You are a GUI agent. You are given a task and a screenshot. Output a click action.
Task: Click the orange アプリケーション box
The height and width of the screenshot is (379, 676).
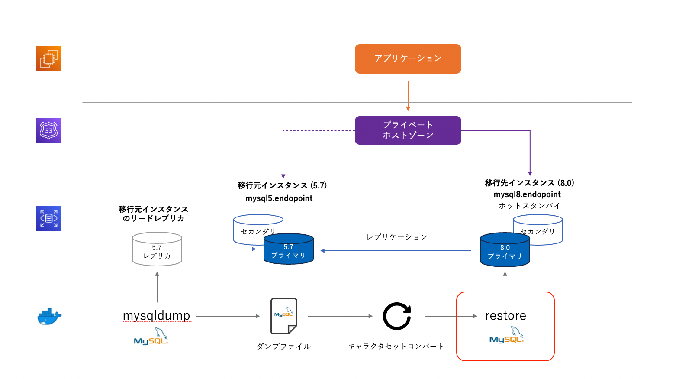click(408, 59)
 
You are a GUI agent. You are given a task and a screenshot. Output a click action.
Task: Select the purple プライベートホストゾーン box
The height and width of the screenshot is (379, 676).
click(408, 130)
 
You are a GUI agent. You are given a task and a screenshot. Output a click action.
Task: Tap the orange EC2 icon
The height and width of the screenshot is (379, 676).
click(49, 59)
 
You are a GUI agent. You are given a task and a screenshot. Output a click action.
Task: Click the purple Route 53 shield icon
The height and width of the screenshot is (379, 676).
click(49, 130)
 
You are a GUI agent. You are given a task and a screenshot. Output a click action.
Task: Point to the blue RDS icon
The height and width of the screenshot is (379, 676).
click(49, 218)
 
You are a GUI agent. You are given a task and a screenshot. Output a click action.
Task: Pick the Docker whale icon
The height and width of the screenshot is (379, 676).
click(49, 317)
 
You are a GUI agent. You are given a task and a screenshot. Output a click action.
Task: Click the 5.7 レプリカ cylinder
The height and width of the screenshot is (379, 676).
click(157, 249)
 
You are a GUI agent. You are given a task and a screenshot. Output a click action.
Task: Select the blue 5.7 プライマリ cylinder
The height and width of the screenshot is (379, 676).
click(289, 250)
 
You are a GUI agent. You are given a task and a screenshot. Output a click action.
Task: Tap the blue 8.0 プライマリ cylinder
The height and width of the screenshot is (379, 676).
click(505, 251)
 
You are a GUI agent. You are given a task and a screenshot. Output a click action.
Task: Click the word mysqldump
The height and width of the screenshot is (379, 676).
click(157, 316)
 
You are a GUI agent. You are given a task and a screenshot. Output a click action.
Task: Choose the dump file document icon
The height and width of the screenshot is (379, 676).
click(284, 316)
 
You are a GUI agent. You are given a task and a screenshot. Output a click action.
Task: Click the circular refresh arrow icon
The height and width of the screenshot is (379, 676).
click(397, 316)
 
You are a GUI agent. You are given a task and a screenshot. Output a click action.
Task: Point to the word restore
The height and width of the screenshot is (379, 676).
click(505, 316)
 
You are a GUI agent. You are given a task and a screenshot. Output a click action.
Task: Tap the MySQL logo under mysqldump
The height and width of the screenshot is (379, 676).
click(151, 337)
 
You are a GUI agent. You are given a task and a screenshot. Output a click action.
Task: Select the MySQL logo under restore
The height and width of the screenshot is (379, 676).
click(506, 336)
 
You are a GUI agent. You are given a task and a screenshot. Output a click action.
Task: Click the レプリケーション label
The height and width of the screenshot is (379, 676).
click(397, 237)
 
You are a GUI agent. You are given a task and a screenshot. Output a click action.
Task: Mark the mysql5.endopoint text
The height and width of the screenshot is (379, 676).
click(279, 198)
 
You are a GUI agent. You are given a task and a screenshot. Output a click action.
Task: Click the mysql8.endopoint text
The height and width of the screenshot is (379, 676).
click(527, 194)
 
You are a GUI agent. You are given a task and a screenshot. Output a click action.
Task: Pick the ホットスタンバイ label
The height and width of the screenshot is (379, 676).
click(529, 206)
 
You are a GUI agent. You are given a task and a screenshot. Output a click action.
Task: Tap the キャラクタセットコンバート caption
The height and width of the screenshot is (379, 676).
click(396, 346)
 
